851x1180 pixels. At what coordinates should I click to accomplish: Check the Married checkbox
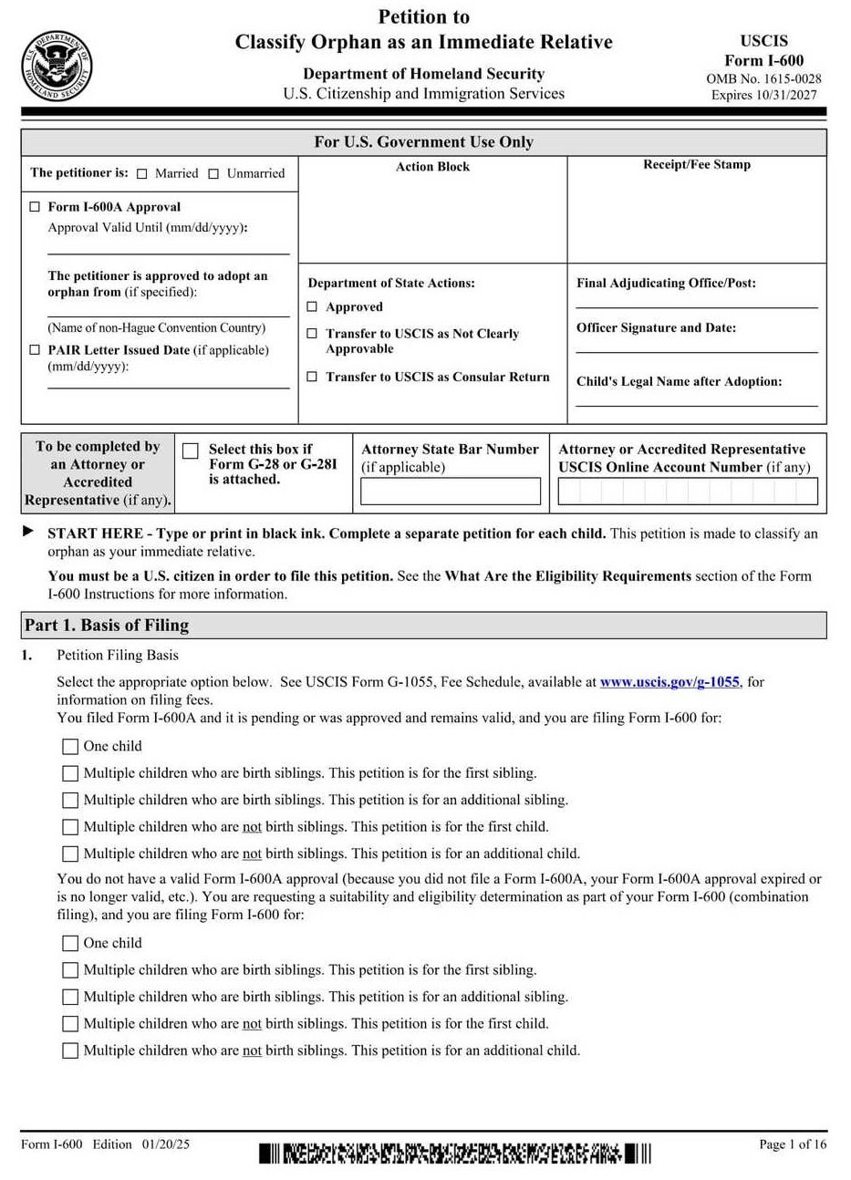141,173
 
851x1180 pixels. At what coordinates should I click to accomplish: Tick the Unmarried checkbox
213,173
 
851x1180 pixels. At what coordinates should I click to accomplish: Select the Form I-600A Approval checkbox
35,207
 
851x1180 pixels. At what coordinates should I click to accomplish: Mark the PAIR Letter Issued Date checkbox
35,350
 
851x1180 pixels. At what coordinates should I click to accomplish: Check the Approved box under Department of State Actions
312,307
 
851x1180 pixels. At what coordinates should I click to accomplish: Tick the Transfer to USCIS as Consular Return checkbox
312,377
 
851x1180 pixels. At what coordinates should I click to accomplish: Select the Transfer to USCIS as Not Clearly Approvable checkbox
312,334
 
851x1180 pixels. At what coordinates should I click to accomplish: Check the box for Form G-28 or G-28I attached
191,451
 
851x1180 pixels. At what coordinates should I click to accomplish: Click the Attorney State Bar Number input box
451,492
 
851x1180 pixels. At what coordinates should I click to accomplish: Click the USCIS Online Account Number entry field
688,492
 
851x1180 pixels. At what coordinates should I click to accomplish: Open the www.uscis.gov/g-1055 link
669,682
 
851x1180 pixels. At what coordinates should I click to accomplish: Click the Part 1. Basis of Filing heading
107,626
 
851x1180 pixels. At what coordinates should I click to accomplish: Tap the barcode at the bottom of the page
455,1154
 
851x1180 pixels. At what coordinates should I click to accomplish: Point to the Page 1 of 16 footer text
793,1144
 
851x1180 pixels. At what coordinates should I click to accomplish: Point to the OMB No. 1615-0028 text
763,79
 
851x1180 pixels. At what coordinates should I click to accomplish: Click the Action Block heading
432,167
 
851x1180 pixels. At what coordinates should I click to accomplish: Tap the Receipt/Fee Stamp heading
697,165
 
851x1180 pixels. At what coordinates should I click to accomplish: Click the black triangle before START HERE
29,532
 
